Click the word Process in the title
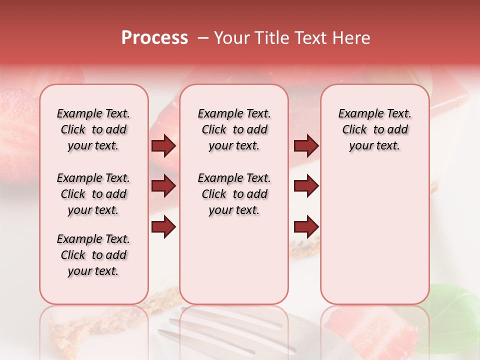[154, 38]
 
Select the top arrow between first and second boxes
[163, 146]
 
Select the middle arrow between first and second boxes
[163, 186]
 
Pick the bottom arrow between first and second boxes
[163, 227]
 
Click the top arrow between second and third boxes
[306, 146]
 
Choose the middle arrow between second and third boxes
[306, 186]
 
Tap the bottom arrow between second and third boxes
[306, 227]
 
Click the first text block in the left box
[93, 129]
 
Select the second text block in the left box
[93, 194]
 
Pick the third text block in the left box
[93, 255]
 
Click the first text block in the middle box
[234, 129]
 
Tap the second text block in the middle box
[234, 194]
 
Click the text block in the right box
[374, 129]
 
